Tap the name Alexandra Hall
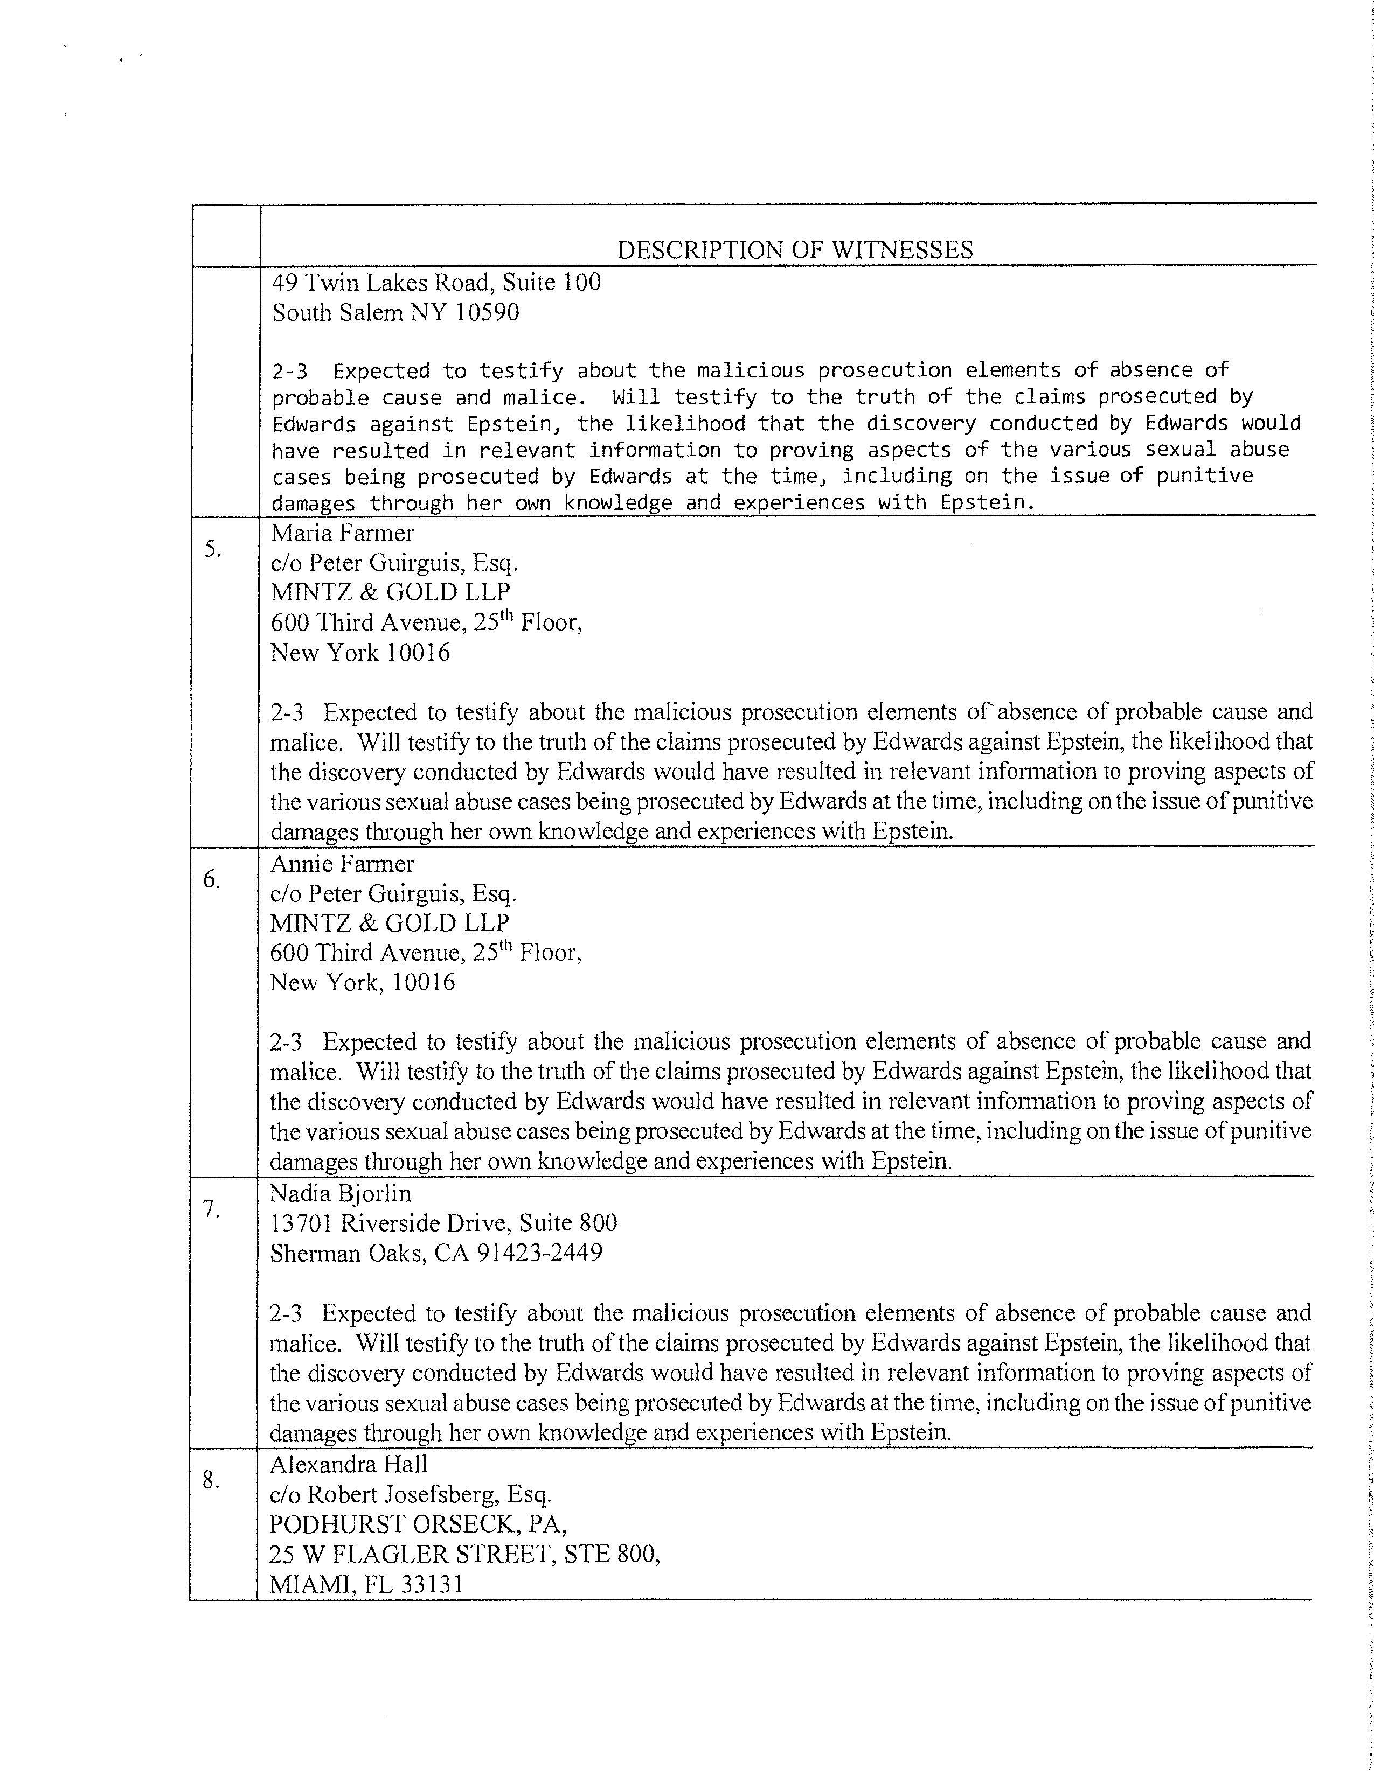click(349, 1465)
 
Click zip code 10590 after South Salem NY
click(487, 312)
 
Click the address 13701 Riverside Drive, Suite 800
click(443, 1223)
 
